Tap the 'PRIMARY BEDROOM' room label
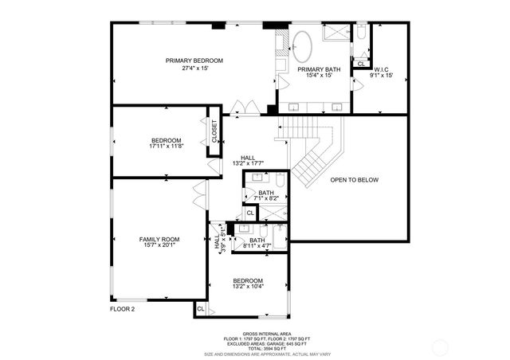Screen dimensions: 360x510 pos(194,61)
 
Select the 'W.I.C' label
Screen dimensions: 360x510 pos(382,69)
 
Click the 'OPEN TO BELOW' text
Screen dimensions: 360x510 pos(355,180)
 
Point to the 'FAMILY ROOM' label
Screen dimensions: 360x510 pos(159,239)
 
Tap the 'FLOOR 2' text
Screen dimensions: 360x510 pos(123,308)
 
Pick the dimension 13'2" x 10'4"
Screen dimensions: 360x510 pos(248,287)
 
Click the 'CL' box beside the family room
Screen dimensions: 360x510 pos(200,308)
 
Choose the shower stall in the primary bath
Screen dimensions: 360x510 pos(335,33)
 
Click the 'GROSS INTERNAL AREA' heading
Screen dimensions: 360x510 pos(267,334)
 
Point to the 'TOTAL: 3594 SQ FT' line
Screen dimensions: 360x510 pos(267,348)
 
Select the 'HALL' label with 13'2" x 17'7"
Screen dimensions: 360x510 pos(249,158)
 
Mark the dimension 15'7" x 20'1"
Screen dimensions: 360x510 pos(159,245)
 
